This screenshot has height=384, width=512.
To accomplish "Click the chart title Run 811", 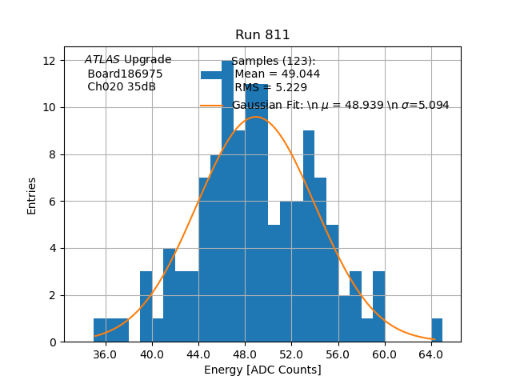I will (262, 35).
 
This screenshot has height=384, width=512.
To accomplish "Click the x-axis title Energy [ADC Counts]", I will (262, 370).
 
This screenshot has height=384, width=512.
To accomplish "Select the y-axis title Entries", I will (32, 195).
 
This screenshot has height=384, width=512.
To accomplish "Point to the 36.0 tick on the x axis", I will (105, 354).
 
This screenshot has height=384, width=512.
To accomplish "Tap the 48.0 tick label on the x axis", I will (245, 354).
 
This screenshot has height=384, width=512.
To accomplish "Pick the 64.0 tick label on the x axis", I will (431, 354).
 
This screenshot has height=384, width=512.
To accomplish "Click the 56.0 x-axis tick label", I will (338, 354).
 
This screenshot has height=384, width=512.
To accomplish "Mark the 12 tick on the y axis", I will (48, 61).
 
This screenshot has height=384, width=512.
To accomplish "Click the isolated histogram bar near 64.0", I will (437, 330).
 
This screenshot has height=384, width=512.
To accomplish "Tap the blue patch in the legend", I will (212, 74).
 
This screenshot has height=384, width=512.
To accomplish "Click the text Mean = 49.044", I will (277, 74).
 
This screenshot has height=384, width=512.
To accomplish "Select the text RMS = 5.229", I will (270, 88).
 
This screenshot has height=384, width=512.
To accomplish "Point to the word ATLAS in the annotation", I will (102, 60).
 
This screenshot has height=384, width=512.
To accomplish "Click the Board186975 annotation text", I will (125, 74).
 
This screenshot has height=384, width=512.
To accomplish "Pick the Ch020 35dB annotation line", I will (122, 87).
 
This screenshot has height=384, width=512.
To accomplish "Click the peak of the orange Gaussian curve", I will (255, 118).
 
